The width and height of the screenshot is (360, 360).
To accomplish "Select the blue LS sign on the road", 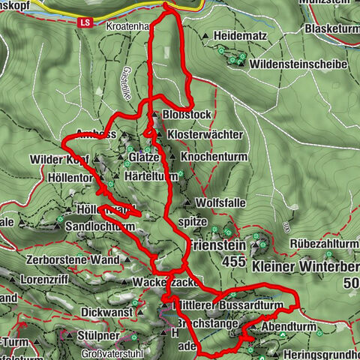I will coord(85,22).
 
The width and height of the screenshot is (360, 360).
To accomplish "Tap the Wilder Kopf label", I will coord(59,160).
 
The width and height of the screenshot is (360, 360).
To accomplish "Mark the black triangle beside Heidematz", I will coord(205,35).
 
